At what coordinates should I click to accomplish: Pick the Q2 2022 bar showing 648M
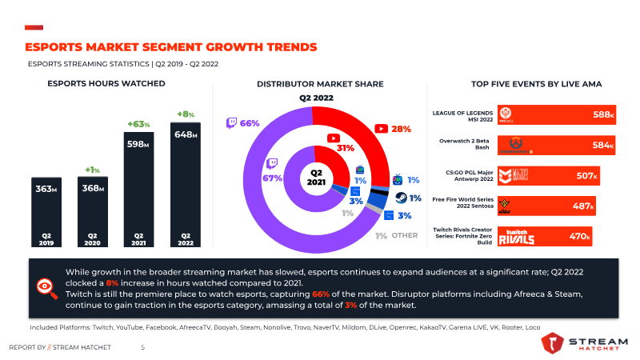(186, 184)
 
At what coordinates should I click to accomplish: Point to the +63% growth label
(138, 124)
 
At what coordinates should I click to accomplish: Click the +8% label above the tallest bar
(186, 114)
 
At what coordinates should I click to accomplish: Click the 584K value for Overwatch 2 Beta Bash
(604, 146)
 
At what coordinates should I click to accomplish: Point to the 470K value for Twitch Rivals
(579, 236)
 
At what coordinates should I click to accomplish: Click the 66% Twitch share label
(250, 123)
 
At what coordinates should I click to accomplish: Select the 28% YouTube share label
(401, 128)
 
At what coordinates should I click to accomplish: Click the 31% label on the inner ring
(346, 148)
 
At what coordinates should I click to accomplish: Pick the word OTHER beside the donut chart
(405, 235)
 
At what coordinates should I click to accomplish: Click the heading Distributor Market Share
(320, 84)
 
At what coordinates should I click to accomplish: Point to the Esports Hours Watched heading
(106, 84)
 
